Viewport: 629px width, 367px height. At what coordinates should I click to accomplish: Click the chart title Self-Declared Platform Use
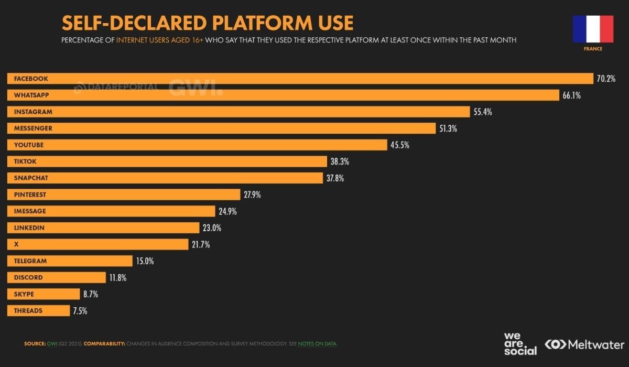coord(208,23)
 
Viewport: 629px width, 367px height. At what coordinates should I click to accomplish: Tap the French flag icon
coord(593,29)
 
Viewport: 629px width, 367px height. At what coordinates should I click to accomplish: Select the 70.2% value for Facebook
coord(605,79)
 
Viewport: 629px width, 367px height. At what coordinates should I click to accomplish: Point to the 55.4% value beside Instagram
coord(482,112)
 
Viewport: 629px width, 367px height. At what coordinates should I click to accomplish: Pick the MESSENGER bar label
coord(33,128)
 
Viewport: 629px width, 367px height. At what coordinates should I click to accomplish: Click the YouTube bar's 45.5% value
coord(399,145)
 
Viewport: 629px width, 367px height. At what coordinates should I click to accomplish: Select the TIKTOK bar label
coord(25,161)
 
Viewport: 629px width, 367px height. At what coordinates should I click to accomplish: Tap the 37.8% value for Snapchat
coord(335,178)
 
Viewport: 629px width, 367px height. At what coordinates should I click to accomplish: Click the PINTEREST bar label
coord(30,195)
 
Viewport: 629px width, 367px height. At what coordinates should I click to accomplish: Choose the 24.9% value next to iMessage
coord(227,211)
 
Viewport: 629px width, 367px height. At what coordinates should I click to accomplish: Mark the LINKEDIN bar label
coord(29,228)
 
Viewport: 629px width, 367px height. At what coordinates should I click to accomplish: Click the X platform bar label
coord(16,244)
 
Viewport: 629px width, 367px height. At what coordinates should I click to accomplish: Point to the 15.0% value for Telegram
coord(144,261)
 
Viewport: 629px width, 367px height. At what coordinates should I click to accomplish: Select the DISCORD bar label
coord(28,277)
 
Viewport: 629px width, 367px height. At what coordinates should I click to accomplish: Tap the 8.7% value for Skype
coord(90,294)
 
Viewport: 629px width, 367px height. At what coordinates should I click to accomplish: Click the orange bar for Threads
coord(38,310)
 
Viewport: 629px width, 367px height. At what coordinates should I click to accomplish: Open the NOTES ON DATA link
coord(318,344)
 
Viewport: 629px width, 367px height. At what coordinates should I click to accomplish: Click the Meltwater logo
coord(584,344)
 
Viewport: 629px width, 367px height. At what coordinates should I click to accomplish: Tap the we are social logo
coord(520,344)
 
